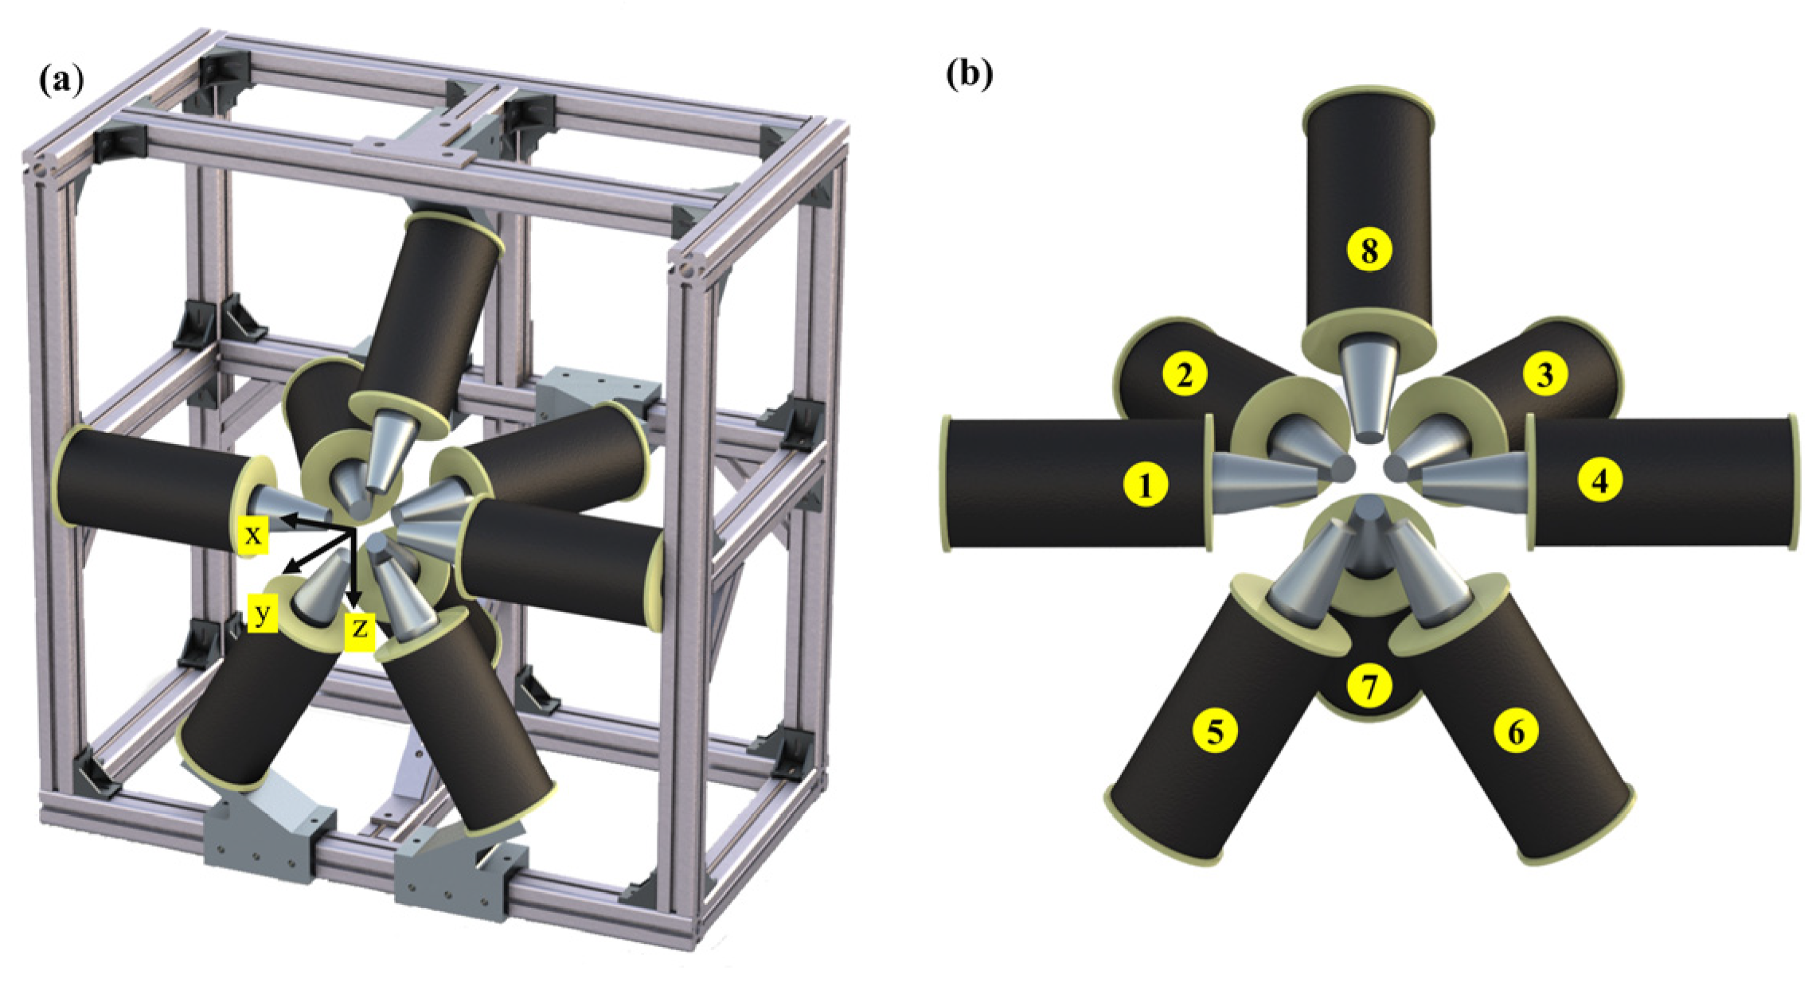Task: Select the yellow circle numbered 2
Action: (x=1185, y=373)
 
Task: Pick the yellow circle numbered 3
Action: (x=1545, y=373)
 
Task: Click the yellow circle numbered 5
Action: (x=1215, y=729)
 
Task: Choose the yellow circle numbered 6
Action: (x=1516, y=730)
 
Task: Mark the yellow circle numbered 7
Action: (x=1369, y=685)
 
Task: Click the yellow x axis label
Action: (x=253, y=534)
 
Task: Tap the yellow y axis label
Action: (x=263, y=613)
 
